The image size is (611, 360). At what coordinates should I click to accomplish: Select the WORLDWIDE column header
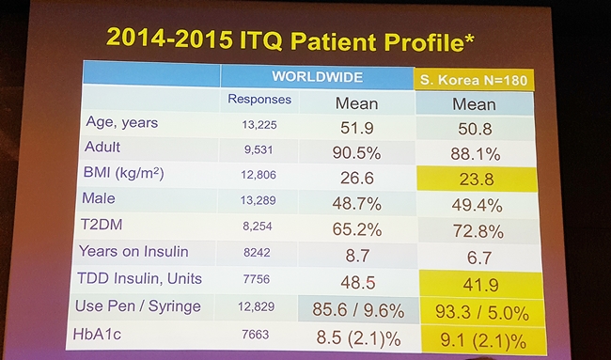(x=317, y=76)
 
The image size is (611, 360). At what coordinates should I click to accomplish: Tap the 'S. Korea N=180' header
(x=474, y=80)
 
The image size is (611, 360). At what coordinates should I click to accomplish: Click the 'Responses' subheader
(x=259, y=100)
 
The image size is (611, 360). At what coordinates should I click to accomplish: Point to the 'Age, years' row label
(x=122, y=122)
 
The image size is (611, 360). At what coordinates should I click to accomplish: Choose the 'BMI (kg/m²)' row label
(x=123, y=173)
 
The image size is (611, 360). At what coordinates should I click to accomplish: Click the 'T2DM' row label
(x=102, y=225)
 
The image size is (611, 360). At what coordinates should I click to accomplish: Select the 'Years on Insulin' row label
(x=133, y=251)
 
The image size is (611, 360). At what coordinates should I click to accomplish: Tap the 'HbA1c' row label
(x=97, y=334)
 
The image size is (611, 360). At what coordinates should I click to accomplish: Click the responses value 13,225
(x=259, y=125)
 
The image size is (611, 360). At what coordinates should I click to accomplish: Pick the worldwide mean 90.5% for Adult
(x=356, y=153)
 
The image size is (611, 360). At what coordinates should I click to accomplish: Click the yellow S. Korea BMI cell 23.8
(x=477, y=180)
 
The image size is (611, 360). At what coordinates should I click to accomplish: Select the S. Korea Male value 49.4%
(x=477, y=205)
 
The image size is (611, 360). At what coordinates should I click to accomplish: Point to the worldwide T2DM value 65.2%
(x=357, y=229)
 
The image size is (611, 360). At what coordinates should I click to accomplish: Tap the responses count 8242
(x=257, y=253)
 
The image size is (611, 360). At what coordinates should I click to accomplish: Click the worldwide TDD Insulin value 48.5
(x=358, y=283)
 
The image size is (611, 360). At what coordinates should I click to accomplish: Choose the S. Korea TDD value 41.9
(x=481, y=285)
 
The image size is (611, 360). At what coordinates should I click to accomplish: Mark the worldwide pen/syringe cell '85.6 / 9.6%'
(x=358, y=310)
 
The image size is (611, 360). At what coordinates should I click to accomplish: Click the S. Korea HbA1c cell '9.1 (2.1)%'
(x=483, y=341)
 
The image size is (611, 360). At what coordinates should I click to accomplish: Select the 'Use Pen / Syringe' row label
(x=138, y=306)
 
